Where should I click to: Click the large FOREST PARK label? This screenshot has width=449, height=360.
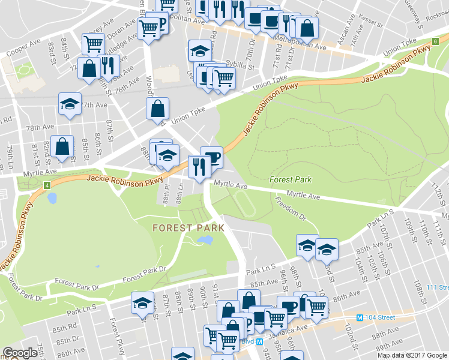pos(188,228)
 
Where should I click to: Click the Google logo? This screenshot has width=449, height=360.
pos(20,353)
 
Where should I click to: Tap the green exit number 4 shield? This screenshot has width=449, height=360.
pos(47,184)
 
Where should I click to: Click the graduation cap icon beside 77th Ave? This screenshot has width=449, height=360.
pos(70,103)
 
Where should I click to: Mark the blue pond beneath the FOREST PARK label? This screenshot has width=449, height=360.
pos(205,241)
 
